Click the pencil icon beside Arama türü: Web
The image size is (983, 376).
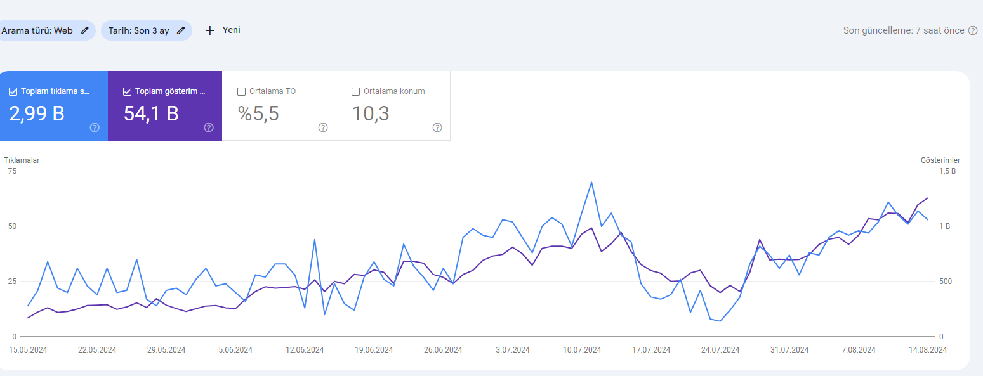(84, 30)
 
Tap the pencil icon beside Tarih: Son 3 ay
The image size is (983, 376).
(181, 30)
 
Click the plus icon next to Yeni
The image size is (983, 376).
(210, 30)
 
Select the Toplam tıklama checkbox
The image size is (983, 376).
(13, 91)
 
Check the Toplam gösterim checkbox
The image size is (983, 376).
(128, 91)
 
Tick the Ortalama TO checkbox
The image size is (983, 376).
(241, 91)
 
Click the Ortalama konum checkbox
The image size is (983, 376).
(356, 91)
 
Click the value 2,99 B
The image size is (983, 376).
(37, 113)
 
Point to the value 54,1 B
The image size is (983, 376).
(151, 113)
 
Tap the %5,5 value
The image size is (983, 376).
(258, 113)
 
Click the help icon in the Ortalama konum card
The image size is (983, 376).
(437, 127)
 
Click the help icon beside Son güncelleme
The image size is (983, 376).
(973, 30)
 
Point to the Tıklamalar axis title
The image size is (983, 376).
(22, 160)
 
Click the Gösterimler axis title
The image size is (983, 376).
(940, 160)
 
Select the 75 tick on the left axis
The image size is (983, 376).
(12, 171)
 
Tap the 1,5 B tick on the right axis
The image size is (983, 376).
(947, 171)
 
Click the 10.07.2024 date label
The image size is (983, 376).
(582, 350)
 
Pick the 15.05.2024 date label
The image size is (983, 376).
(28, 350)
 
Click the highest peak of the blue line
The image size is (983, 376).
(591, 183)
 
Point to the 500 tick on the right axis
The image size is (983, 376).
(946, 282)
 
